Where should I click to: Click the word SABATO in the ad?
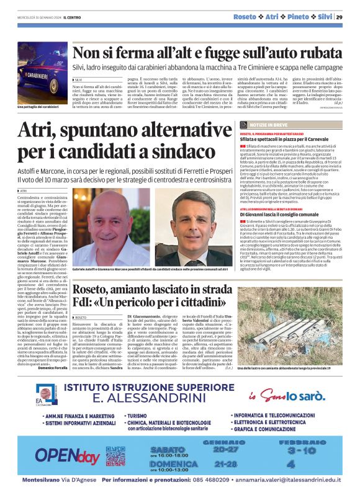coord(167,448)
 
